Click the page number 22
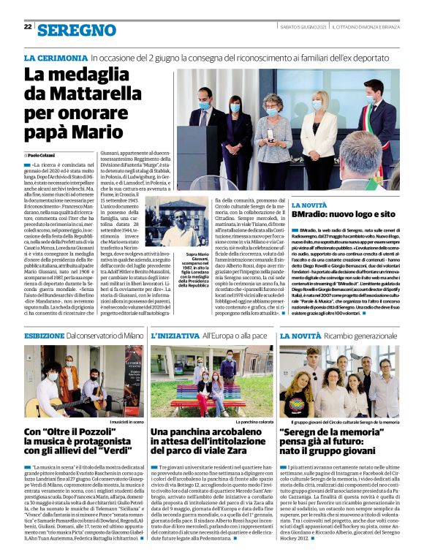(x=28, y=26)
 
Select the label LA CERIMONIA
(x=56, y=56)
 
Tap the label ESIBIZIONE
(x=45, y=335)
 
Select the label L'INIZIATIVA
(x=174, y=335)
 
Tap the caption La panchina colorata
(x=254, y=423)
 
